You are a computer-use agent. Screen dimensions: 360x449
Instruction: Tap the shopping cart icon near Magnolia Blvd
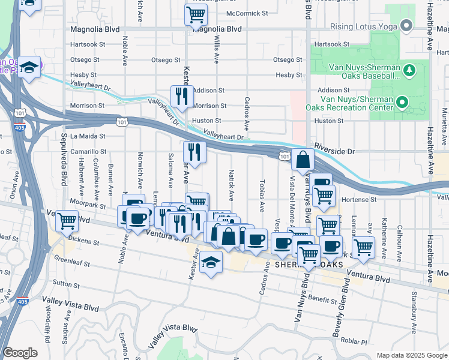tap(196, 14)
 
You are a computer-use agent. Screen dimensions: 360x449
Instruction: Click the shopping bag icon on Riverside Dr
tap(303, 160)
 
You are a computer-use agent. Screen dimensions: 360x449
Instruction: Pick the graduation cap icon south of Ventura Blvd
tap(211, 262)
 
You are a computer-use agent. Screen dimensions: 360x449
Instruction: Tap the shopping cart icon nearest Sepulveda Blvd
tap(67, 220)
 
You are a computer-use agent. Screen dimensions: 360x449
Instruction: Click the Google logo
tap(20, 353)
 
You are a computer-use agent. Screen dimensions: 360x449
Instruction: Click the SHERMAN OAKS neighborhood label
tap(309, 265)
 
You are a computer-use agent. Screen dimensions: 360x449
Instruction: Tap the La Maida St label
tap(88, 136)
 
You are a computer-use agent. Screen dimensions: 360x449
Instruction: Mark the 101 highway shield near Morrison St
tap(122, 122)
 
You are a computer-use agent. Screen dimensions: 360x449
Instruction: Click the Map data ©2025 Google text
tap(411, 355)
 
